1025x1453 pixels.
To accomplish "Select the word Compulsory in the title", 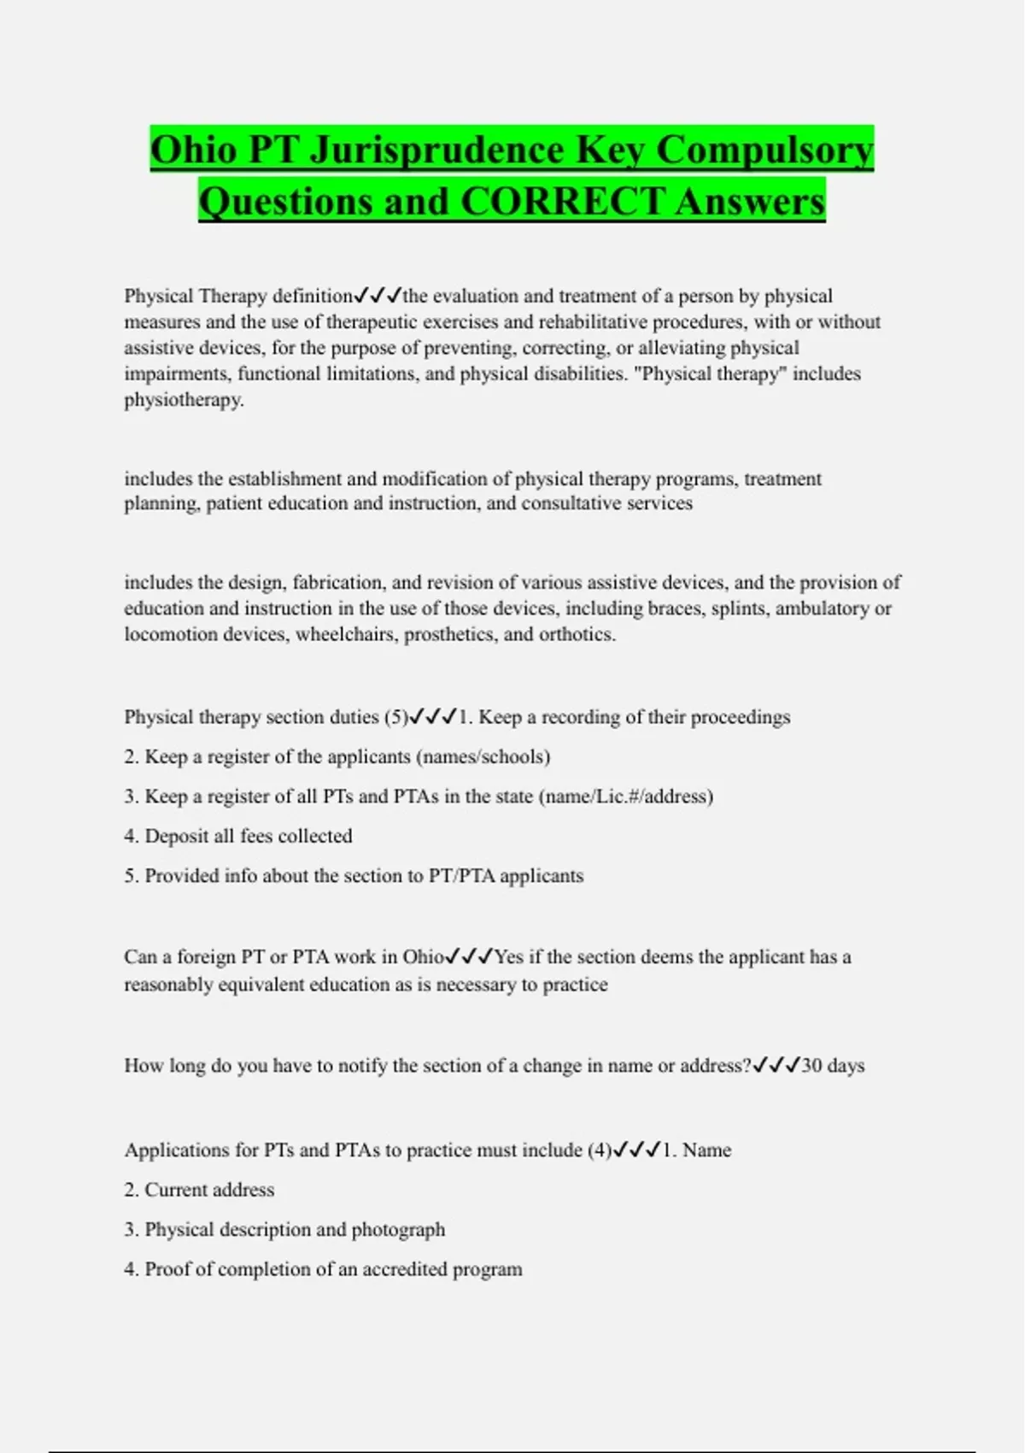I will pyautogui.click(x=764, y=150).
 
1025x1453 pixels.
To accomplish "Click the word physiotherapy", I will pyautogui.click(x=184, y=400).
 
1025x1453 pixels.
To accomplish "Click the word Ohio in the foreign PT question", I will pyautogui.click(x=424, y=957).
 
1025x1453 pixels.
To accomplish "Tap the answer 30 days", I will pyautogui.click(x=833, y=1066).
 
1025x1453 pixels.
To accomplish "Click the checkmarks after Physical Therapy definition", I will pyautogui.click(x=377, y=296).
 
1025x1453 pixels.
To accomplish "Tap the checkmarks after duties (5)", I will pyautogui.click(x=433, y=717).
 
